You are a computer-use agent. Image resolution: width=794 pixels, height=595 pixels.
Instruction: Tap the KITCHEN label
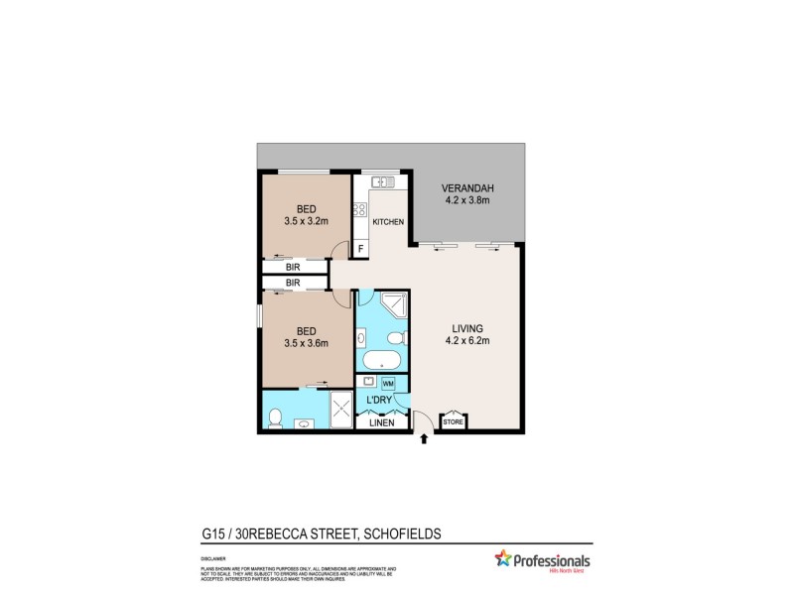click(388, 222)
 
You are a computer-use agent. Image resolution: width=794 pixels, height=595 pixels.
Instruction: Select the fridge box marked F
click(360, 247)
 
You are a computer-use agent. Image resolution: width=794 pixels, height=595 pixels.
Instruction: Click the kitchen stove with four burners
click(360, 210)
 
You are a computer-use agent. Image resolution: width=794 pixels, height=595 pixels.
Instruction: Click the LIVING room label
click(466, 328)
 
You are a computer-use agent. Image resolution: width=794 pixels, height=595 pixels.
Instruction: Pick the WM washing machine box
click(388, 383)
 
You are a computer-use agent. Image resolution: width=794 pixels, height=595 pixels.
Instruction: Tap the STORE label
click(453, 421)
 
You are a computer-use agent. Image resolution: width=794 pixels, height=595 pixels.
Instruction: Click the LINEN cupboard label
click(382, 423)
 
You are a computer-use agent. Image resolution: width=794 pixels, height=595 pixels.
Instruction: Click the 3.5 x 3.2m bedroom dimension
click(306, 222)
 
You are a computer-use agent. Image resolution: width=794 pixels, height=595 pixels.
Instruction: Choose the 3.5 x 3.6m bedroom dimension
click(306, 343)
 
